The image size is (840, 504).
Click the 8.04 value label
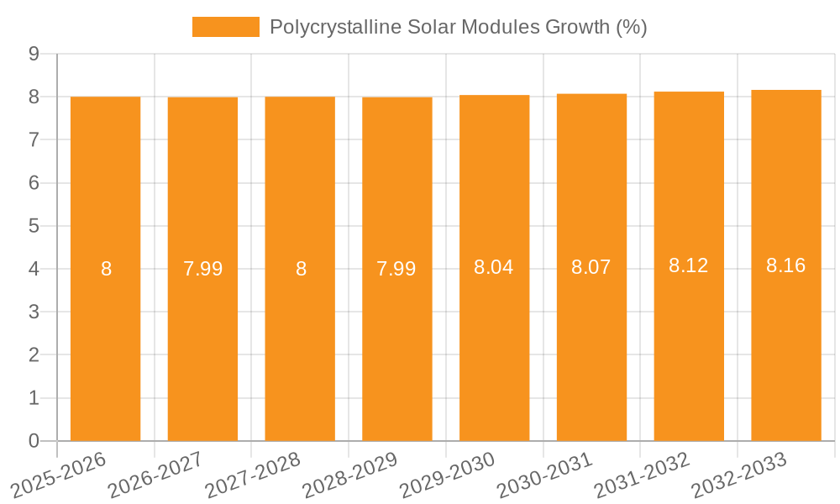[x=494, y=267]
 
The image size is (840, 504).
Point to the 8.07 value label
[x=591, y=267]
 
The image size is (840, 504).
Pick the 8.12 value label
[x=689, y=265]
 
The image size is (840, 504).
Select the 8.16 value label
[x=785, y=265]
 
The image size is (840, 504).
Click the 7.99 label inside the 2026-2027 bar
[x=202, y=269]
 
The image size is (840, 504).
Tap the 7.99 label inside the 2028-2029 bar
[x=396, y=269]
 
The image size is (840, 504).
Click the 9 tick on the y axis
[x=34, y=54]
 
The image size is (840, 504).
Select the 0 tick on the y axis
[x=34, y=441]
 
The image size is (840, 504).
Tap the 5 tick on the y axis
[x=34, y=226]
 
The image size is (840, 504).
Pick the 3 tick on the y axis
[x=34, y=312]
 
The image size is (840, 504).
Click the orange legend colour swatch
[x=225, y=27]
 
